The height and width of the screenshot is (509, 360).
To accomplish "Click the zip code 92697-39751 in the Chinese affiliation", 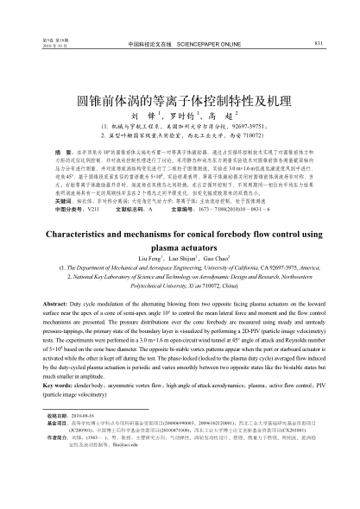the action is tap(249, 126).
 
